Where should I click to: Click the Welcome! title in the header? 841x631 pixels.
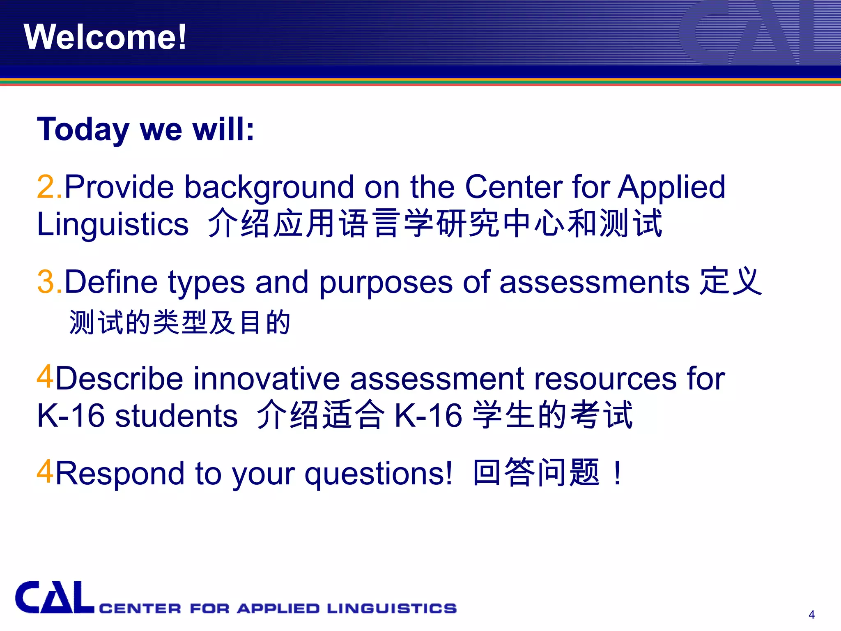pyautogui.click(x=105, y=37)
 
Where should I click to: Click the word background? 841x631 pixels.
pyautogui.click(x=269, y=187)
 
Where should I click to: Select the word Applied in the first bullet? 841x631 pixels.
pyautogui.click(x=672, y=187)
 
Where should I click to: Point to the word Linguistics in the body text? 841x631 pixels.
pyautogui.click(x=113, y=224)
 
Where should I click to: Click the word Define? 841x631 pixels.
pyautogui.click(x=111, y=282)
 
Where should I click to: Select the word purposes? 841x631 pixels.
pyautogui.click(x=386, y=282)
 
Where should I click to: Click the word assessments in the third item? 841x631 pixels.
pyautogui.click(x=594, y=282)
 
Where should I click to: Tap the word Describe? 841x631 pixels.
pyautogui.click(x=119, y=378)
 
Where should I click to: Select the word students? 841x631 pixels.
pyautogui.click(x=176, y=416)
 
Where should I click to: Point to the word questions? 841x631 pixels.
pyautogui.click(x=378, y=474)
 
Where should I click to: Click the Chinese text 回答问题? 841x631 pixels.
pyautogui.click(x=536, y=472)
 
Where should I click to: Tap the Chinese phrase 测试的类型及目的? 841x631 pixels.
pyautogui.click(x=180, y=322)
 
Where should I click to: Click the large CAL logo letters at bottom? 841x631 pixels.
pyautogui.click(x=54, y=598)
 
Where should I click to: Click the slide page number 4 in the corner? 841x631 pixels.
pyautogui.click(x=811, y=615)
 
